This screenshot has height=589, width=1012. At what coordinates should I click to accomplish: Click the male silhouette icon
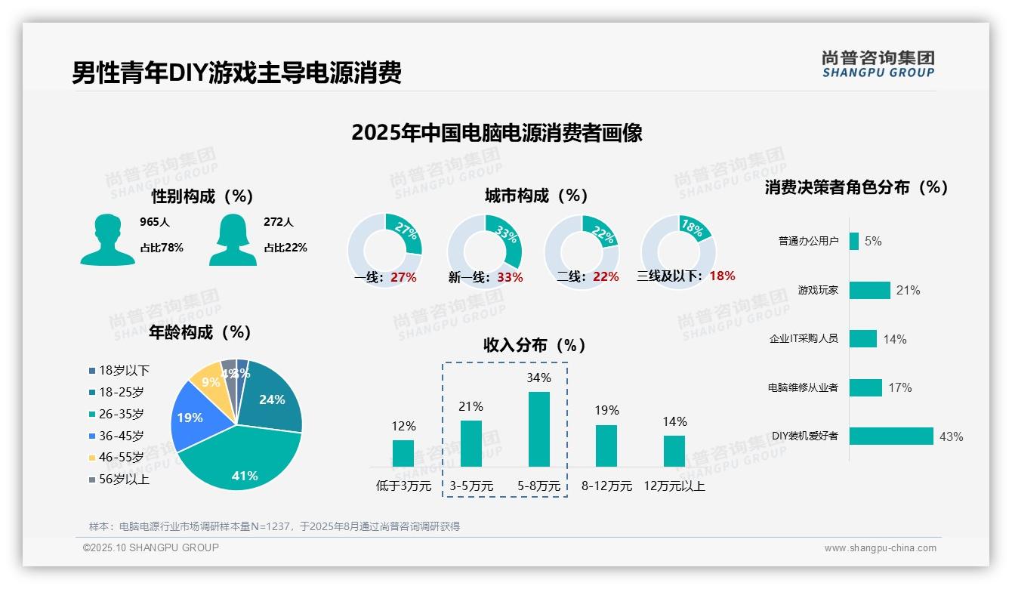tap(107, 239)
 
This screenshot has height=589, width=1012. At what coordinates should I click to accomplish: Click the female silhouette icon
tap(233, 239)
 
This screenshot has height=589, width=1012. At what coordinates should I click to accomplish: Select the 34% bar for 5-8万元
tap(538, 429)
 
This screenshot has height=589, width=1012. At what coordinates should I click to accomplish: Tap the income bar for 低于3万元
tap(403, 453)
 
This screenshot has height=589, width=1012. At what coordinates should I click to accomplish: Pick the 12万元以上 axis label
tap(674, 486)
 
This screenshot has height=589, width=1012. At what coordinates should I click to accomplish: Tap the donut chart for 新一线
tap(484, 251)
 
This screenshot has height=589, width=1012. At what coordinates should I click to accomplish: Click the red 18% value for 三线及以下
tap(722, 276)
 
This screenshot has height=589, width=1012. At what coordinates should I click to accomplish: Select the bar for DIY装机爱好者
tap(891, 436)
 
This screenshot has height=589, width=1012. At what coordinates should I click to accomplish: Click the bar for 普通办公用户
tap(853, 241)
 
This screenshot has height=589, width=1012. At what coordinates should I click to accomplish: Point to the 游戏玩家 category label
tap(818, 290)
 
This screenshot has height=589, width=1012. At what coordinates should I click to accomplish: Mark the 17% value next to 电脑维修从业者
tap(899, 387)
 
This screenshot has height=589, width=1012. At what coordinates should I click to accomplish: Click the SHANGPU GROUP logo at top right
tap(878, 64)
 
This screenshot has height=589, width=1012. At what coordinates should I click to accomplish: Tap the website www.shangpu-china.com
tap(880, 548)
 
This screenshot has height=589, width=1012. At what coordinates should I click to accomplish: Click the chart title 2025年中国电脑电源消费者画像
tap(497, 133)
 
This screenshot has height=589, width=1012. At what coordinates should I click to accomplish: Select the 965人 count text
tap(155, 222)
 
